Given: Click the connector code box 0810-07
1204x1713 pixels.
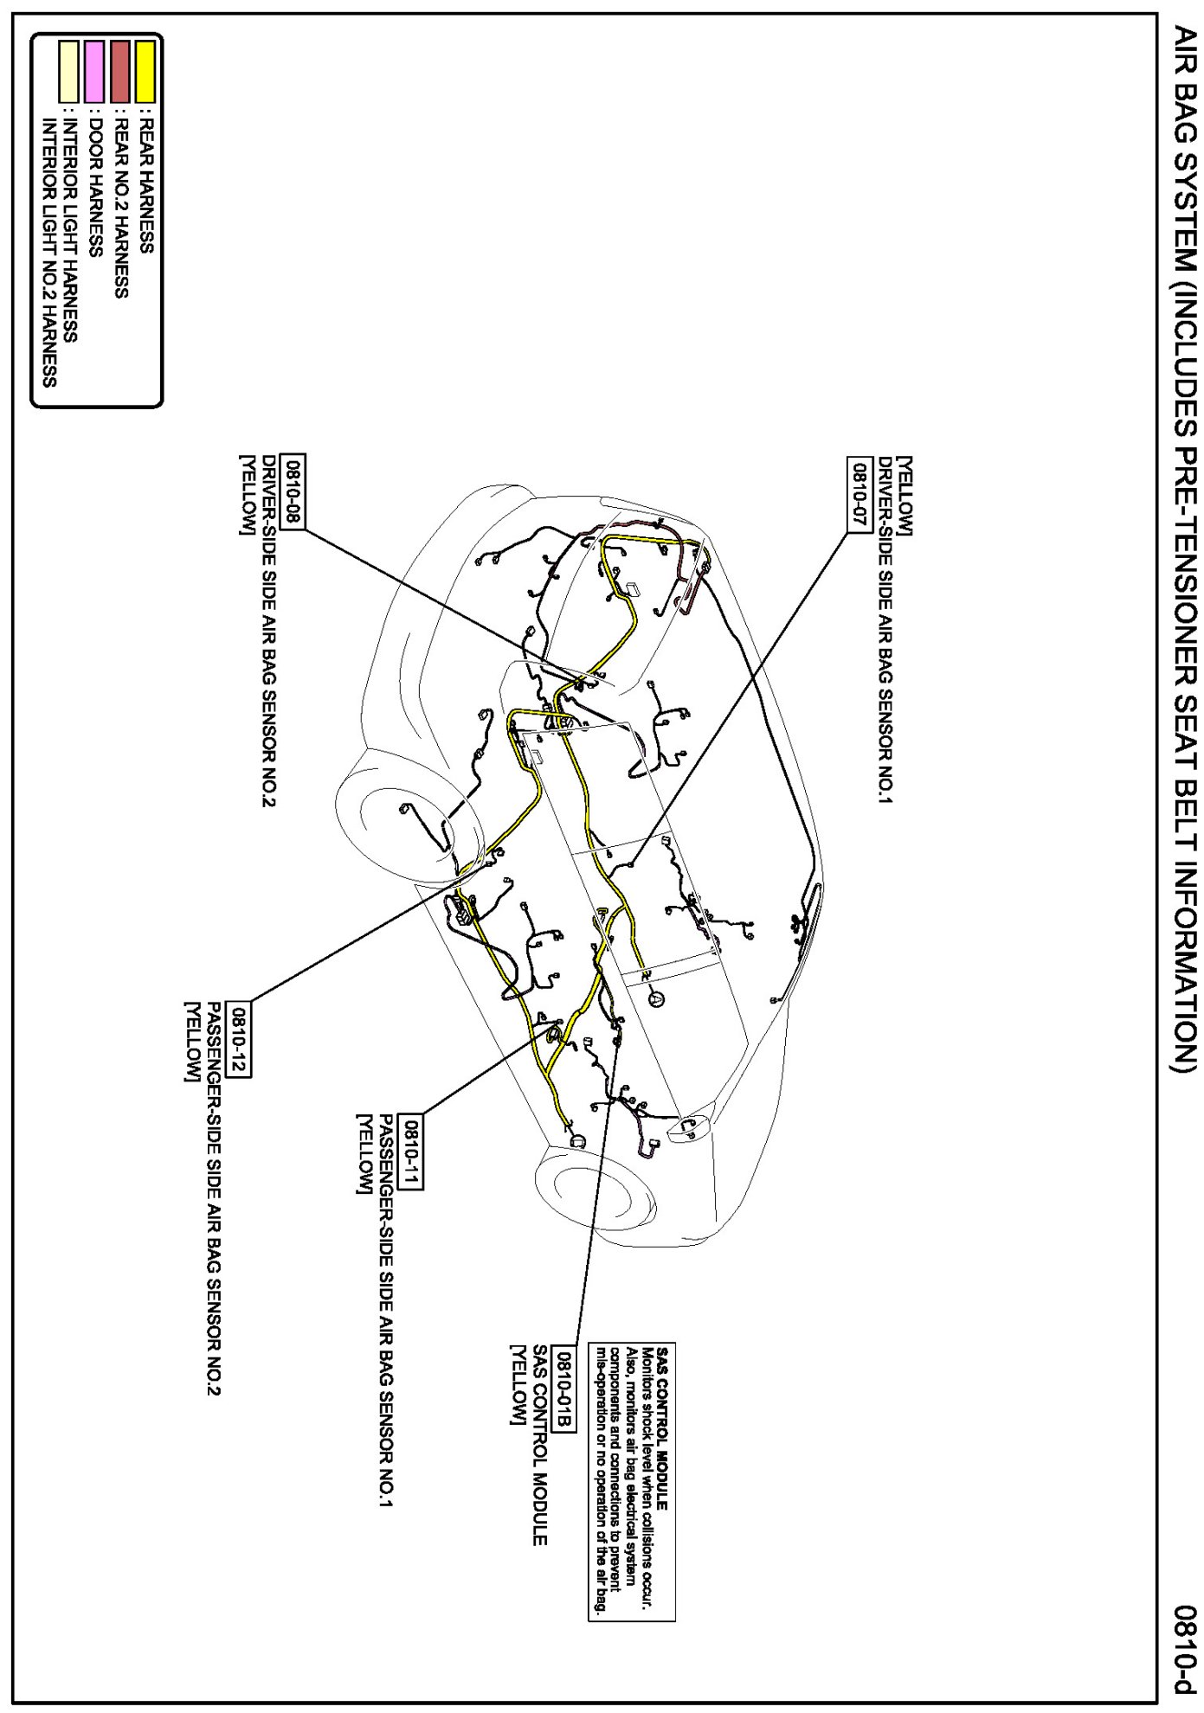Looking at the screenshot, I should point(860,495).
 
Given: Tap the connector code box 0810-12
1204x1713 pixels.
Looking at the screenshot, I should point(239,1039).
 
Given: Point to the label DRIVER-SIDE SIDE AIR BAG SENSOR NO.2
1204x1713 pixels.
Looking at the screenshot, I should point(269,631).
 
